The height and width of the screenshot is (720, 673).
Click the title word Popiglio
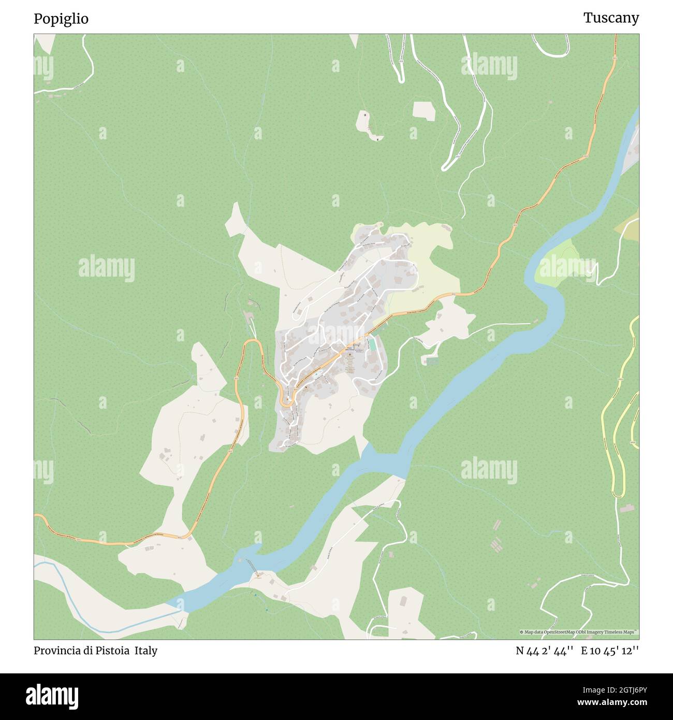pos(61,19)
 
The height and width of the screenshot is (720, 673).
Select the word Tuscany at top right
pos(611,18)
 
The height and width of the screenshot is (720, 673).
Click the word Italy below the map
pos(146,651)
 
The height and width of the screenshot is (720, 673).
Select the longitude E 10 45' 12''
pos(610,651)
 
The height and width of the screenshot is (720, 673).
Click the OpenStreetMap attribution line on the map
pos(578,632)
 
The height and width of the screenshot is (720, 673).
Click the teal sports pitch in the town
pos(372,344)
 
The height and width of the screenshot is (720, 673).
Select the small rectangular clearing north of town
pos(424,111)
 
